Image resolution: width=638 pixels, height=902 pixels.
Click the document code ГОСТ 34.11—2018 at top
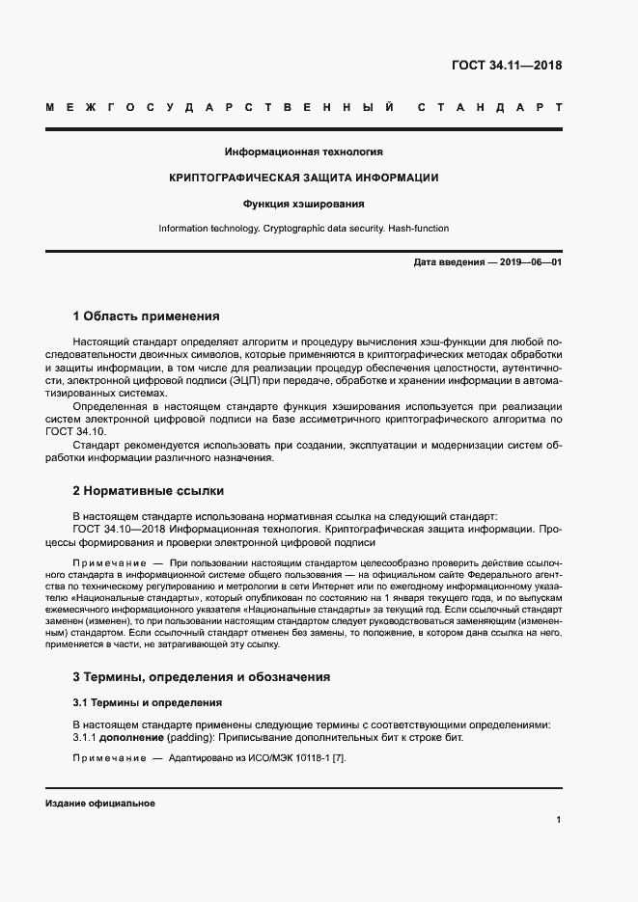pos(506,66)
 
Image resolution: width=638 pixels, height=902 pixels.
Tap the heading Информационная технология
pos(304,151)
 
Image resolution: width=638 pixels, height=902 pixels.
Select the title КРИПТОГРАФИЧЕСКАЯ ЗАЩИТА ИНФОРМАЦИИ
pos(304,178)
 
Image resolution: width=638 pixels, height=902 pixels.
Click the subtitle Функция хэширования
pos(304,204)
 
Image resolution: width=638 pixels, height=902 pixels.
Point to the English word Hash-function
pos(417,229)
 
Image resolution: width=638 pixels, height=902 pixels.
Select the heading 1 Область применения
pos(147,315)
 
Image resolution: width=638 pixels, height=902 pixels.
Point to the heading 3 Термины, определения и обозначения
pos(202,676)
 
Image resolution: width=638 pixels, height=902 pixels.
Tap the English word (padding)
pos(194,737)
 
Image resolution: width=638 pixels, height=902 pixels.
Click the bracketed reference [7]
pos(338,758)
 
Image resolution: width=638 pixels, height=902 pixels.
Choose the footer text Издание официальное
pos(100,803)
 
